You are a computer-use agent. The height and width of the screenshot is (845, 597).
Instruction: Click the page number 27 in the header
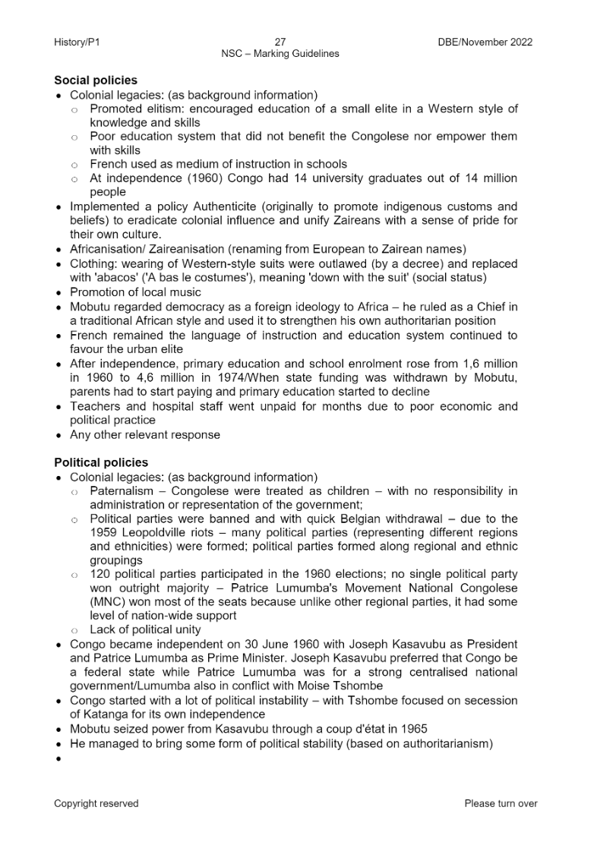point(280,42)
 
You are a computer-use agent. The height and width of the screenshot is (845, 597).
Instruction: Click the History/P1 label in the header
point(77,42)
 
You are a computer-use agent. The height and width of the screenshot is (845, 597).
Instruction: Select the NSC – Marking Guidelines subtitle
point(280,54)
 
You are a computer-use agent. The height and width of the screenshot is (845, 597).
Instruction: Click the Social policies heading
point(96,80)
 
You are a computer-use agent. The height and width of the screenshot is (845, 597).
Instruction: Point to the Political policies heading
point(101,462)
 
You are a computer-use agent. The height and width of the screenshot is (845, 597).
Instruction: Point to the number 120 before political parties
point(100,573)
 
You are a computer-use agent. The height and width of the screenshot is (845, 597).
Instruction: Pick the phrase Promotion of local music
point(135,292)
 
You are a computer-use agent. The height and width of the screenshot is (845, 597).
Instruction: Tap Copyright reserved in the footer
point(96,804)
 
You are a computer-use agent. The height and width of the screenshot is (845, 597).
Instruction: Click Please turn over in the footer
point(501,804)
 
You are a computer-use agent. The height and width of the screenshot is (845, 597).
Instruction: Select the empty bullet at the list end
point(59,758)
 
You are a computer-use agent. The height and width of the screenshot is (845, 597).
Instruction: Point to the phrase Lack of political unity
point(145,629)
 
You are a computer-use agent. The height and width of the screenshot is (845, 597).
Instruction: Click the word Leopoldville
point(159,533)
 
